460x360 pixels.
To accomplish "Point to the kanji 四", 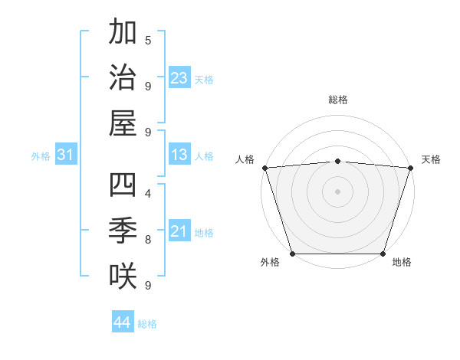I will pyautogui.click(x=123, y=185).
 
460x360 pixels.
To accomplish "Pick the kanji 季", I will pyautogui.click(x=123, y=230).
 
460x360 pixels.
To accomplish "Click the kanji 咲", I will pyautogui.click(x=123, y=275).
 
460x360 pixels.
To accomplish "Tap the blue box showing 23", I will pyautogui.click(x=179, y=78).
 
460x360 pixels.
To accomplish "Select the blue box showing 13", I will pyautogui.click(x=179, y=155).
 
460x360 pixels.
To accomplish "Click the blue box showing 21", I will pyautogui.click(x=179, y=232).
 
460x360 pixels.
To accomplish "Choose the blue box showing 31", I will pyautogui.click(x=66, y=155).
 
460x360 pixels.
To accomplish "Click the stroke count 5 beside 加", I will pyautogui.click(x=148, y=40).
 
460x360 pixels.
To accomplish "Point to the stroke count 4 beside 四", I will pyautogui.click(x=148, y=193).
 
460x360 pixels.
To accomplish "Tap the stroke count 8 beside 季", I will pyautogui.click(x=148, y=239).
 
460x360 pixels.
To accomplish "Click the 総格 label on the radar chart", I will pyautogui.click(x=338, y=100).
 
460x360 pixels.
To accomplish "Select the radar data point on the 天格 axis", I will pyautogui.click(x=410, y=168).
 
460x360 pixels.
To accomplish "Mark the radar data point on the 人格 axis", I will pyautogui.click(x=264, y=168).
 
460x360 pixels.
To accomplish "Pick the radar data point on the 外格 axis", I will pyautogui.click(x=292, y=254).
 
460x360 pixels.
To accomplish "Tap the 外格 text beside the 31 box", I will pyautogui.click(x=41, y=156).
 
